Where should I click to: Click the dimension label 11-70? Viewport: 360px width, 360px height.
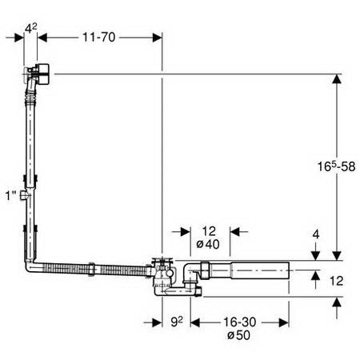[x=98, y=38]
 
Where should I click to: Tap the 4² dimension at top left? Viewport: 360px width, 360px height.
[x=31, y=29]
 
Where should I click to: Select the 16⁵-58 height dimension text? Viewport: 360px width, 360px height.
[x=336, y=166]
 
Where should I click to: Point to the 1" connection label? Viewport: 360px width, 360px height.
[x=11, y=196]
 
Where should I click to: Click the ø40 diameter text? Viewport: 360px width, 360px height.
[x=208, y=244]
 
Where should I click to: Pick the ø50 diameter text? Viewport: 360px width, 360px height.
[x=238, y=335]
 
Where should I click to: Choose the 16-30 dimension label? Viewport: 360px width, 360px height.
[x=239, y=322]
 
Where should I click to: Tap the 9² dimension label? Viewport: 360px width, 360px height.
[x=177, y=322]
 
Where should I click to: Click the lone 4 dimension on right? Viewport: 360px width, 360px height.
[x=316, y=234]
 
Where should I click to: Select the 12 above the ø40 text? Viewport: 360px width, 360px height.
[x=209, y=231]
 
